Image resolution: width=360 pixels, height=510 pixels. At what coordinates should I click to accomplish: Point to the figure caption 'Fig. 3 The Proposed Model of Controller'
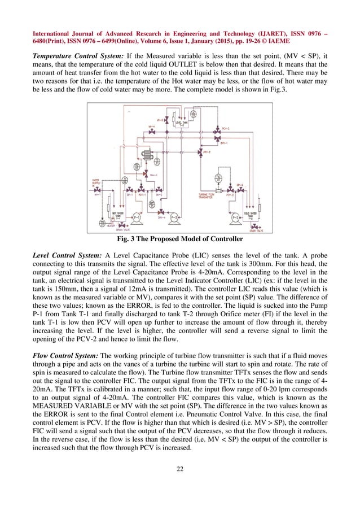coord(180,239)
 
